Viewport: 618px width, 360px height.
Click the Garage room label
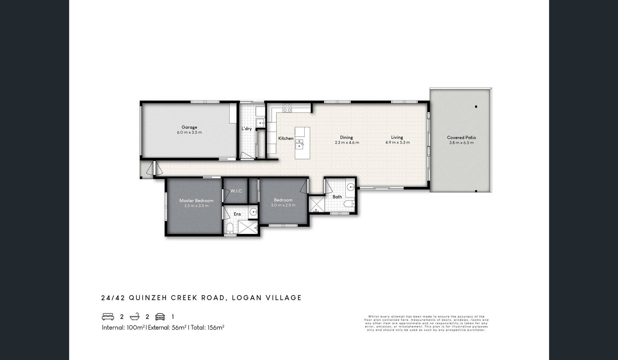[x=189, y=127]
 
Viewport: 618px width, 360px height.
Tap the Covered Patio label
[x=461, y=137]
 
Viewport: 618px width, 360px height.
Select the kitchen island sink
[x=299, y=143]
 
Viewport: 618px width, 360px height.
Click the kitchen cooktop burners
[x=287, y=108]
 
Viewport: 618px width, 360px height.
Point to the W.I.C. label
[x=236, y=191]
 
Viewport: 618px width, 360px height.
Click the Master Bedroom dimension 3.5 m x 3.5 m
[x=196, y=206]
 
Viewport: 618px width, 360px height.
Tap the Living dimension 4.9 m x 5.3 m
[x=397, y=142]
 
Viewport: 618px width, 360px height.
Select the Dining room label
[x=346, y=137]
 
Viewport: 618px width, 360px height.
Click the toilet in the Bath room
[x=348, y=204]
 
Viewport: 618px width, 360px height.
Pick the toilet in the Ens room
[x=230, y=228]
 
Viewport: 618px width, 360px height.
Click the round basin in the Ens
[x=254, y=211]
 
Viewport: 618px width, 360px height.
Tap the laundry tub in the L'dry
[x=260, y=123]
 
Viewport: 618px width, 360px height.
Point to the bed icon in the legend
[x=108, y=317]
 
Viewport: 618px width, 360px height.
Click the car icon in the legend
[x=160, y=317]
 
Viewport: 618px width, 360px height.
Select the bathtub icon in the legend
[x=134, y=317]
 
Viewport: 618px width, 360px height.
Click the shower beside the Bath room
[x=316, y=204]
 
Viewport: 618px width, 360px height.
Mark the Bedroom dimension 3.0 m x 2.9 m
[x=283, y=205]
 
